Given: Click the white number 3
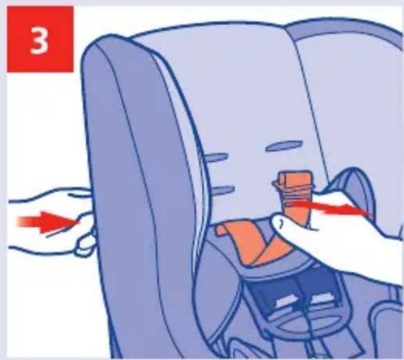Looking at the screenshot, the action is [x=39, y=40].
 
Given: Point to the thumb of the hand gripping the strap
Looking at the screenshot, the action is [x=286, y=222].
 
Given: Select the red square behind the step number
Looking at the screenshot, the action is [x=40, y=39].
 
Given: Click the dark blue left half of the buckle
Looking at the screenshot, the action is [x=273, y=297].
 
